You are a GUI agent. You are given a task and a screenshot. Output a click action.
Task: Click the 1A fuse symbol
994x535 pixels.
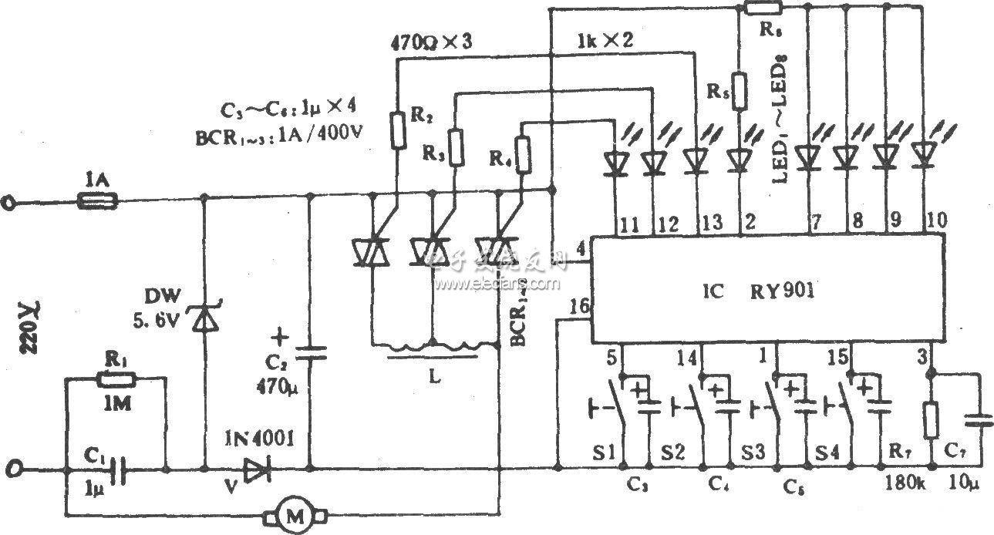click(98, 202)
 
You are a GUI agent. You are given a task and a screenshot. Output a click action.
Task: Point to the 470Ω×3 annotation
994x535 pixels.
click(433, 44)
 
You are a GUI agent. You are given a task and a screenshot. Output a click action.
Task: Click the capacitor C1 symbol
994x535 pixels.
click(116, 468)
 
